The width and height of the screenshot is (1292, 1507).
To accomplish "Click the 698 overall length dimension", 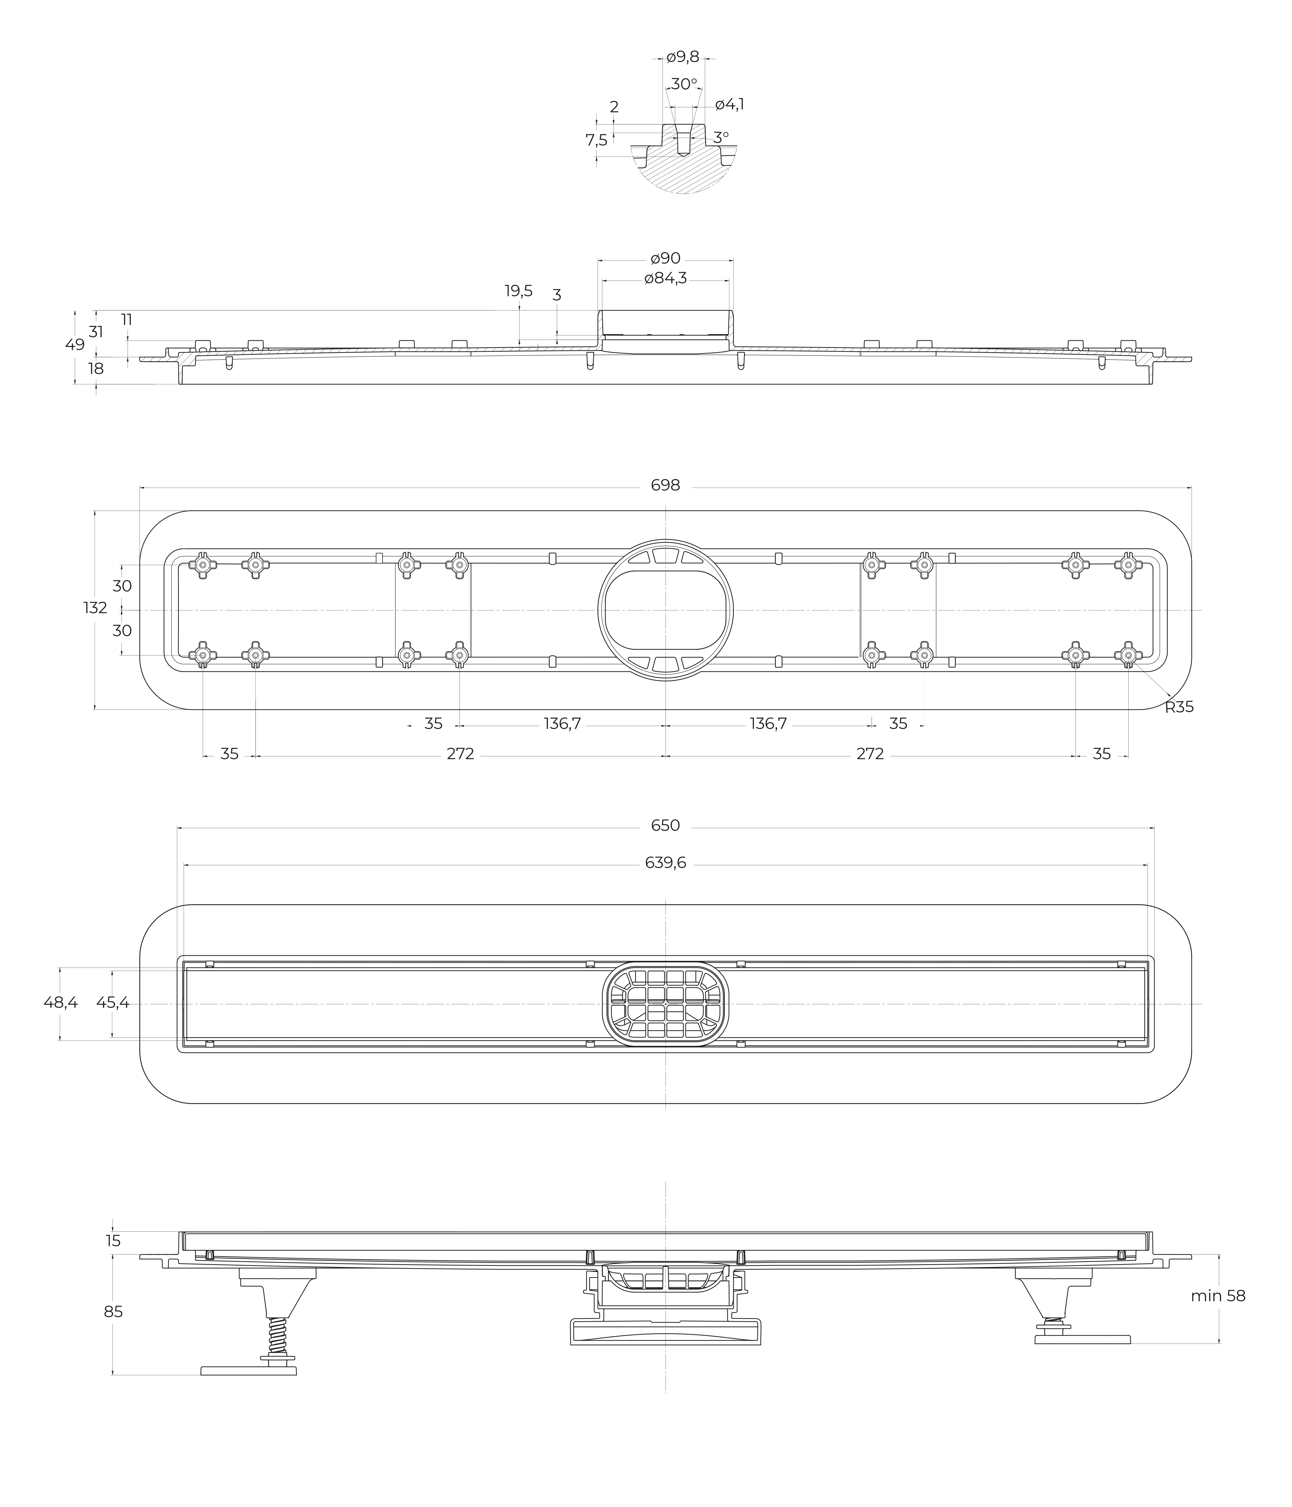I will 665,485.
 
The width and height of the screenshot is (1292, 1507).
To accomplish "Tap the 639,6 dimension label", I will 665,863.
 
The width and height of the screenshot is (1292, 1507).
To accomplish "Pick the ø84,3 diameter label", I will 665,278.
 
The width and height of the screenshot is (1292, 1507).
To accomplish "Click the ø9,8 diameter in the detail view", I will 682,57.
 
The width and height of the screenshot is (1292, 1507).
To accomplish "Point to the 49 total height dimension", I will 75,344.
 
